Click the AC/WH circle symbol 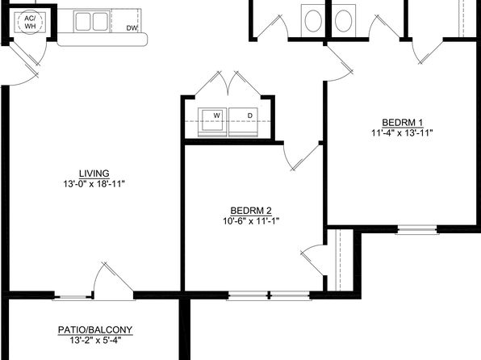point(30,22)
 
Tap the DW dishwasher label point(132,28)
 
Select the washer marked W point(212,122)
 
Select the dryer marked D point(243,122)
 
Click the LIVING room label point(94,174)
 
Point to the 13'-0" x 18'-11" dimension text point(94,184)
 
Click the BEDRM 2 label point(251,211)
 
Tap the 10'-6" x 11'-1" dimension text point(251,221)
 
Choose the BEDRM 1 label point(402,123)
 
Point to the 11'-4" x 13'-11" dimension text point(402,133)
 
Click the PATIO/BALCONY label point(95,330)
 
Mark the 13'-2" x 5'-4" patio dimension point(95,340)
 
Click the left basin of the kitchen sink point(83,22)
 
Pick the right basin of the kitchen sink point(100,22)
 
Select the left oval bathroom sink point(313,21)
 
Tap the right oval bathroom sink point(343,21)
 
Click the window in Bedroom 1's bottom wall point(417,229)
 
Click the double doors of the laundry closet point(228,83)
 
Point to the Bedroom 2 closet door point(312,259)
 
